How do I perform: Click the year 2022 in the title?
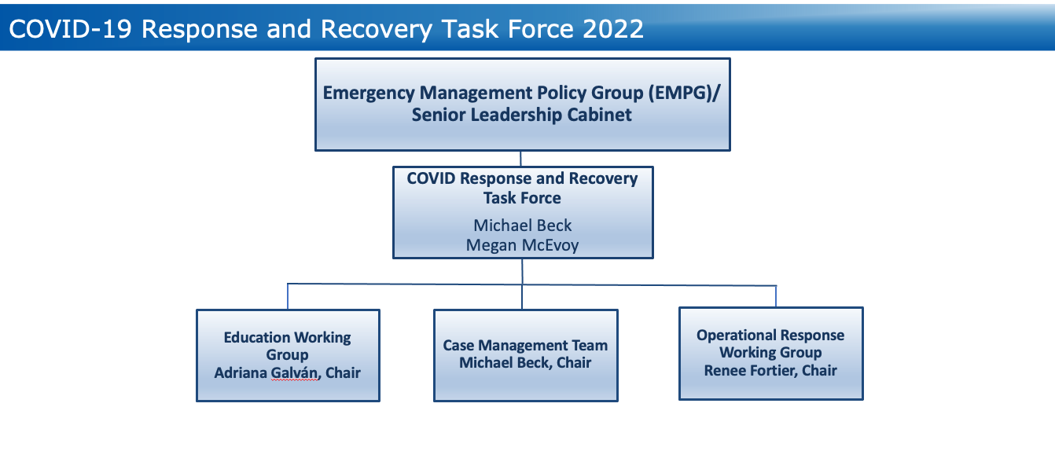click(x=612, y=29)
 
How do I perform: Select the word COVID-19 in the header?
click(x=70, y=29)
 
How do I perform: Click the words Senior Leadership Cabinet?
click(x=521, y=115)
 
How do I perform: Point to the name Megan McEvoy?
click(x=522, y=245)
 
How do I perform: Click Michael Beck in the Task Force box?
click(x=522, y=225)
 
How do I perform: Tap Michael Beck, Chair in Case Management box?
click(x=525, y=363)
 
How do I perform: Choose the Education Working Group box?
click(x=288, y=356)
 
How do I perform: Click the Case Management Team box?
click(x=526, y=356)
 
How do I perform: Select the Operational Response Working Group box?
click(x=771, y=354)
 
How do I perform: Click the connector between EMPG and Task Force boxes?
click(x=520, y=159)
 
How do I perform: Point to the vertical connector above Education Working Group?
click(x=287, y=297)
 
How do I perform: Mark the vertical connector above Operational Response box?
click(x=776, y=296)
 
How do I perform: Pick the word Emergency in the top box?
click(x=369, y=93)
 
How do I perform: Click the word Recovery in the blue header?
click(x=377, y=29)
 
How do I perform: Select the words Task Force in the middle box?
click(x=522, y=198)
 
